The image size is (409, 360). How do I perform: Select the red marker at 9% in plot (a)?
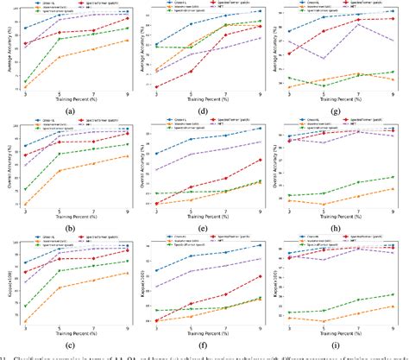[x=128, y=19]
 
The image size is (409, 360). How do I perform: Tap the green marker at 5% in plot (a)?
[x=60, y=39]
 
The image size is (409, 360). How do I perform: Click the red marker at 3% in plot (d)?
[x=156, y=87]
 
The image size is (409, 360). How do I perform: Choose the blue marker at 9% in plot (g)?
[x=393, y=12]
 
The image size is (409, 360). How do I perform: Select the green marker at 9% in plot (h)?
[x=393, y=177]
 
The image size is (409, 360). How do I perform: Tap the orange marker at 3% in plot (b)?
[x=26, y=205]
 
